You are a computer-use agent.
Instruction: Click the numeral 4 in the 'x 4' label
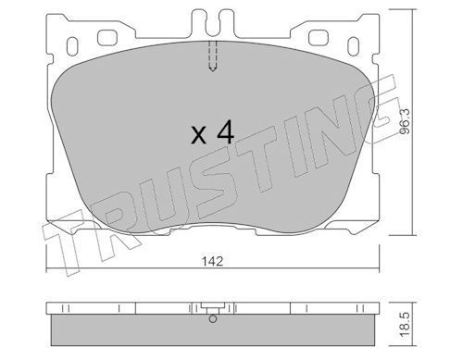224,132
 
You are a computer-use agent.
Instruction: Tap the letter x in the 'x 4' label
197,135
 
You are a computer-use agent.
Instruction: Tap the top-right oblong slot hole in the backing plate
320,40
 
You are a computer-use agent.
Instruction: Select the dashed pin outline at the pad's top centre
212,57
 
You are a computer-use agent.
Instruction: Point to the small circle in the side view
213,321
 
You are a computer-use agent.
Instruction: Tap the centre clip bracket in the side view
213,310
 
